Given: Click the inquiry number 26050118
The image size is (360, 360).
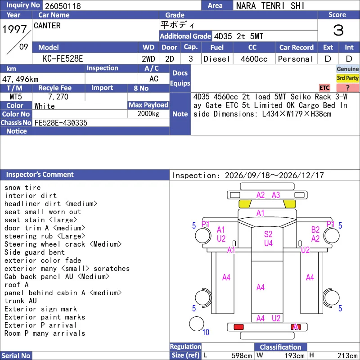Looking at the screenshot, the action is (x=63, y=6).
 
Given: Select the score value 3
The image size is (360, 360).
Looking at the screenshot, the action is (x=338, y=30).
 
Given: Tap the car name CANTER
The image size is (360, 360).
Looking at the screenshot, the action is (x=47, y=26).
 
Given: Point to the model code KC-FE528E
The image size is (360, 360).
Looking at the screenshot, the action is (x=63, y=59).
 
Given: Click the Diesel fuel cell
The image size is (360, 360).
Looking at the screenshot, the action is (x=217, y=59).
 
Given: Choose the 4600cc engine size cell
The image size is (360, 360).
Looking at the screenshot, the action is (x=254, y=59).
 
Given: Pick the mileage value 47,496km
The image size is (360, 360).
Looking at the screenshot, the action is (x=20, y=79).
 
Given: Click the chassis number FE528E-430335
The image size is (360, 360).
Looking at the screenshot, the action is (x=61, y=123).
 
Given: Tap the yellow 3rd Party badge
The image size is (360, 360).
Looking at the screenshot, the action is (x=347, y=78).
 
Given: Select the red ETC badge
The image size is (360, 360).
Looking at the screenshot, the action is (x=324, y=88).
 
